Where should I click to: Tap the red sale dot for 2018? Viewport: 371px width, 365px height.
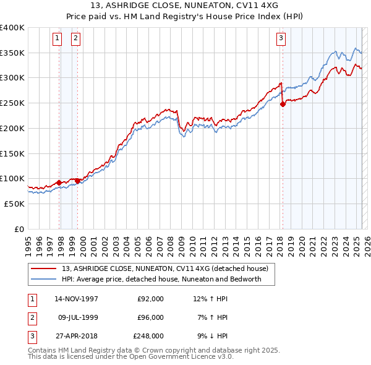[x=283, y=105]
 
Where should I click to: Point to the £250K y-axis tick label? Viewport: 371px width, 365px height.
[x=12, y=103]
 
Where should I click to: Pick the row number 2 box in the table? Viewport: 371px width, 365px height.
[x=31, y=317]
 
